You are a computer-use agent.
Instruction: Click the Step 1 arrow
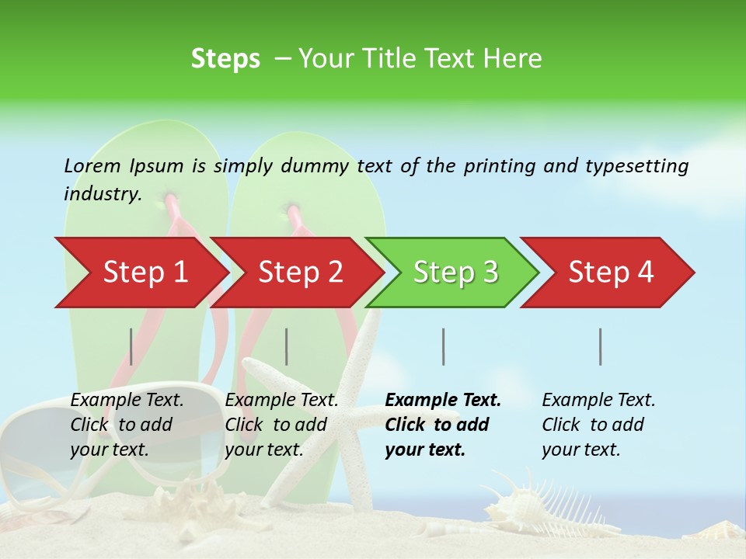(x=145, y=273)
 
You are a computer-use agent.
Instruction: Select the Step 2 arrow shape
(x=300, y=273)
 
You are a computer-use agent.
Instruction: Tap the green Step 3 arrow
(x=455, y=273)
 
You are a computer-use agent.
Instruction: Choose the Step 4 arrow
(x=611, y=273)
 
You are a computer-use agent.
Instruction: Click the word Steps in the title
(x=225, y=59)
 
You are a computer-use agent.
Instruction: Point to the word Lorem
(x=92, y=165)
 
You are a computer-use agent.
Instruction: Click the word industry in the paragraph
(x=102, y=193)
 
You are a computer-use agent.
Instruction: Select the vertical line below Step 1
(x=131, y=346)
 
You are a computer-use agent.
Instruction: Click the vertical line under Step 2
(x=287, y=346)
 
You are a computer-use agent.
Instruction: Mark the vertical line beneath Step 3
(x=444, y=346)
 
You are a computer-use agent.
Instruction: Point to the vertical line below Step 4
(x=601, y=346)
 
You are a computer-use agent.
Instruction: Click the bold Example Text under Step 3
(x=443, y=401)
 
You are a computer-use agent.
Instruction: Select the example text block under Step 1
(x=127, y=425)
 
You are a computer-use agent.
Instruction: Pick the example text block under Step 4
(x=598, y=425)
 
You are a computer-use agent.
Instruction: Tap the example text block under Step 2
(x=281, y=425)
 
